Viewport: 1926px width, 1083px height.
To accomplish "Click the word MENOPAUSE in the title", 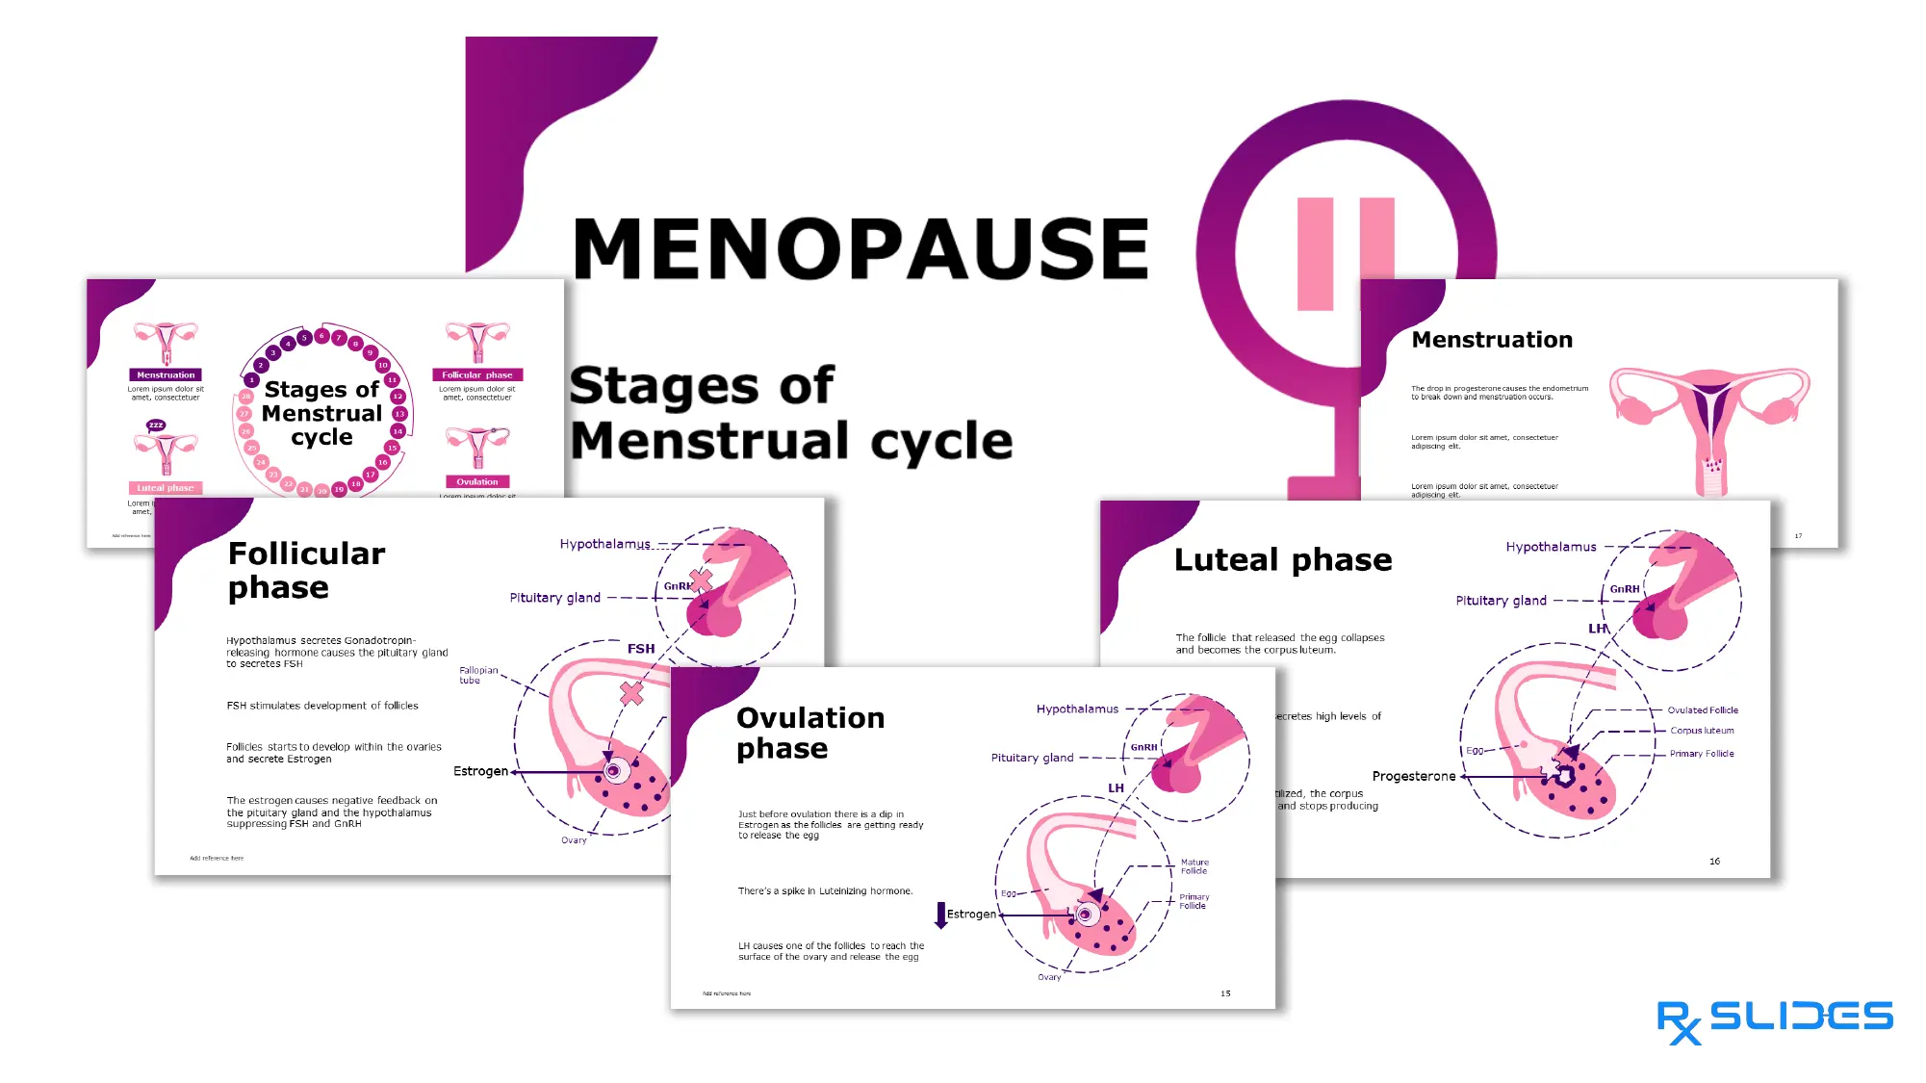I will [x=860, y=248].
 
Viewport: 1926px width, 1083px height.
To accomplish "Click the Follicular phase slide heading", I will [x=306, y=570].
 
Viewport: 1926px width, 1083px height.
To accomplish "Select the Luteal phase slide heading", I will [x=1282, y=560].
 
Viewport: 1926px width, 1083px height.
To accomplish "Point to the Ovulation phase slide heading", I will [x=809, y=733].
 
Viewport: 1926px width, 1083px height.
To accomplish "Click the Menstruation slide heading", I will [x=1491, y=340].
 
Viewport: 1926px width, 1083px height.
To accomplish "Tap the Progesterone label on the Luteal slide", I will [x=1413, y=776].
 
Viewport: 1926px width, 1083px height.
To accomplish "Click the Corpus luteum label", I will [x=1701, y=731].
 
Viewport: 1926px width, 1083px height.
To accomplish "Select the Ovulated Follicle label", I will [x=1702, y=710].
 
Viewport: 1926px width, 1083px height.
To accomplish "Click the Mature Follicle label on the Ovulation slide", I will [x=1194, y=866].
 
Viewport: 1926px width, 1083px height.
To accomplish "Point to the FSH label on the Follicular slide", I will [x=640, y=649].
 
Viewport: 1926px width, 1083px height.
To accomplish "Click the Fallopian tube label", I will [x=477, y=675].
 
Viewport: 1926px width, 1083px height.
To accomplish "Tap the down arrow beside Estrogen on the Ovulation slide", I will [x=940, y=914].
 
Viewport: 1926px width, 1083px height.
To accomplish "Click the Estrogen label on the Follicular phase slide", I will [x=480, y=771].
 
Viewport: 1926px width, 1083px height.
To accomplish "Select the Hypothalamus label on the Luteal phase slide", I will [x=1550, y=547].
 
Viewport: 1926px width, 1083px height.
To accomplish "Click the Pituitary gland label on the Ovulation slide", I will [x=1032, y=758].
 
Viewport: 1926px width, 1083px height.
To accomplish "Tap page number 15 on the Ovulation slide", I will [x=1224, y=993].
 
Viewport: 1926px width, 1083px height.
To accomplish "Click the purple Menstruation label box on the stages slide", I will [x=166, y=375].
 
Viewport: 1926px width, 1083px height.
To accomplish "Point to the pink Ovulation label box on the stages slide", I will [x=476, y=482].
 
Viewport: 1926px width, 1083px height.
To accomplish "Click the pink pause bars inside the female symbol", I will [x=1345, y=254].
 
